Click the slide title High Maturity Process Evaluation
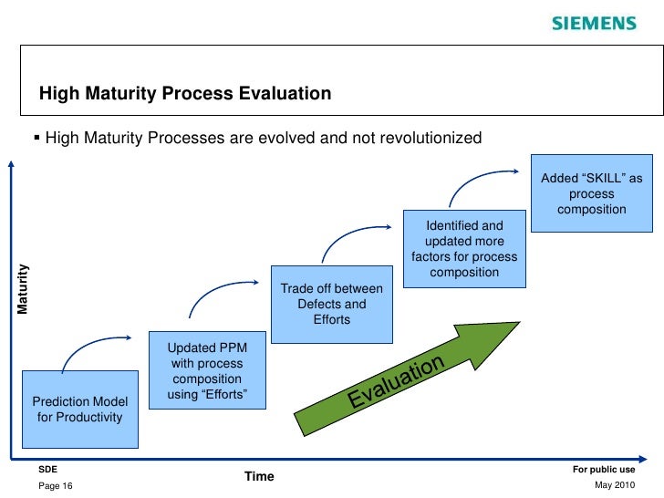tap(184, 94)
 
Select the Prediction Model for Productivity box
tap(79, 410)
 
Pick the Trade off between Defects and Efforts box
tap(331, 304)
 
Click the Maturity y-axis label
tap(24, 289)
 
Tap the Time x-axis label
tap(259, 476)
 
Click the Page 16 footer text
tap(56, 486)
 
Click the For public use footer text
tap(604, 469)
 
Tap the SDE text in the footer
tap(47, 469)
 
